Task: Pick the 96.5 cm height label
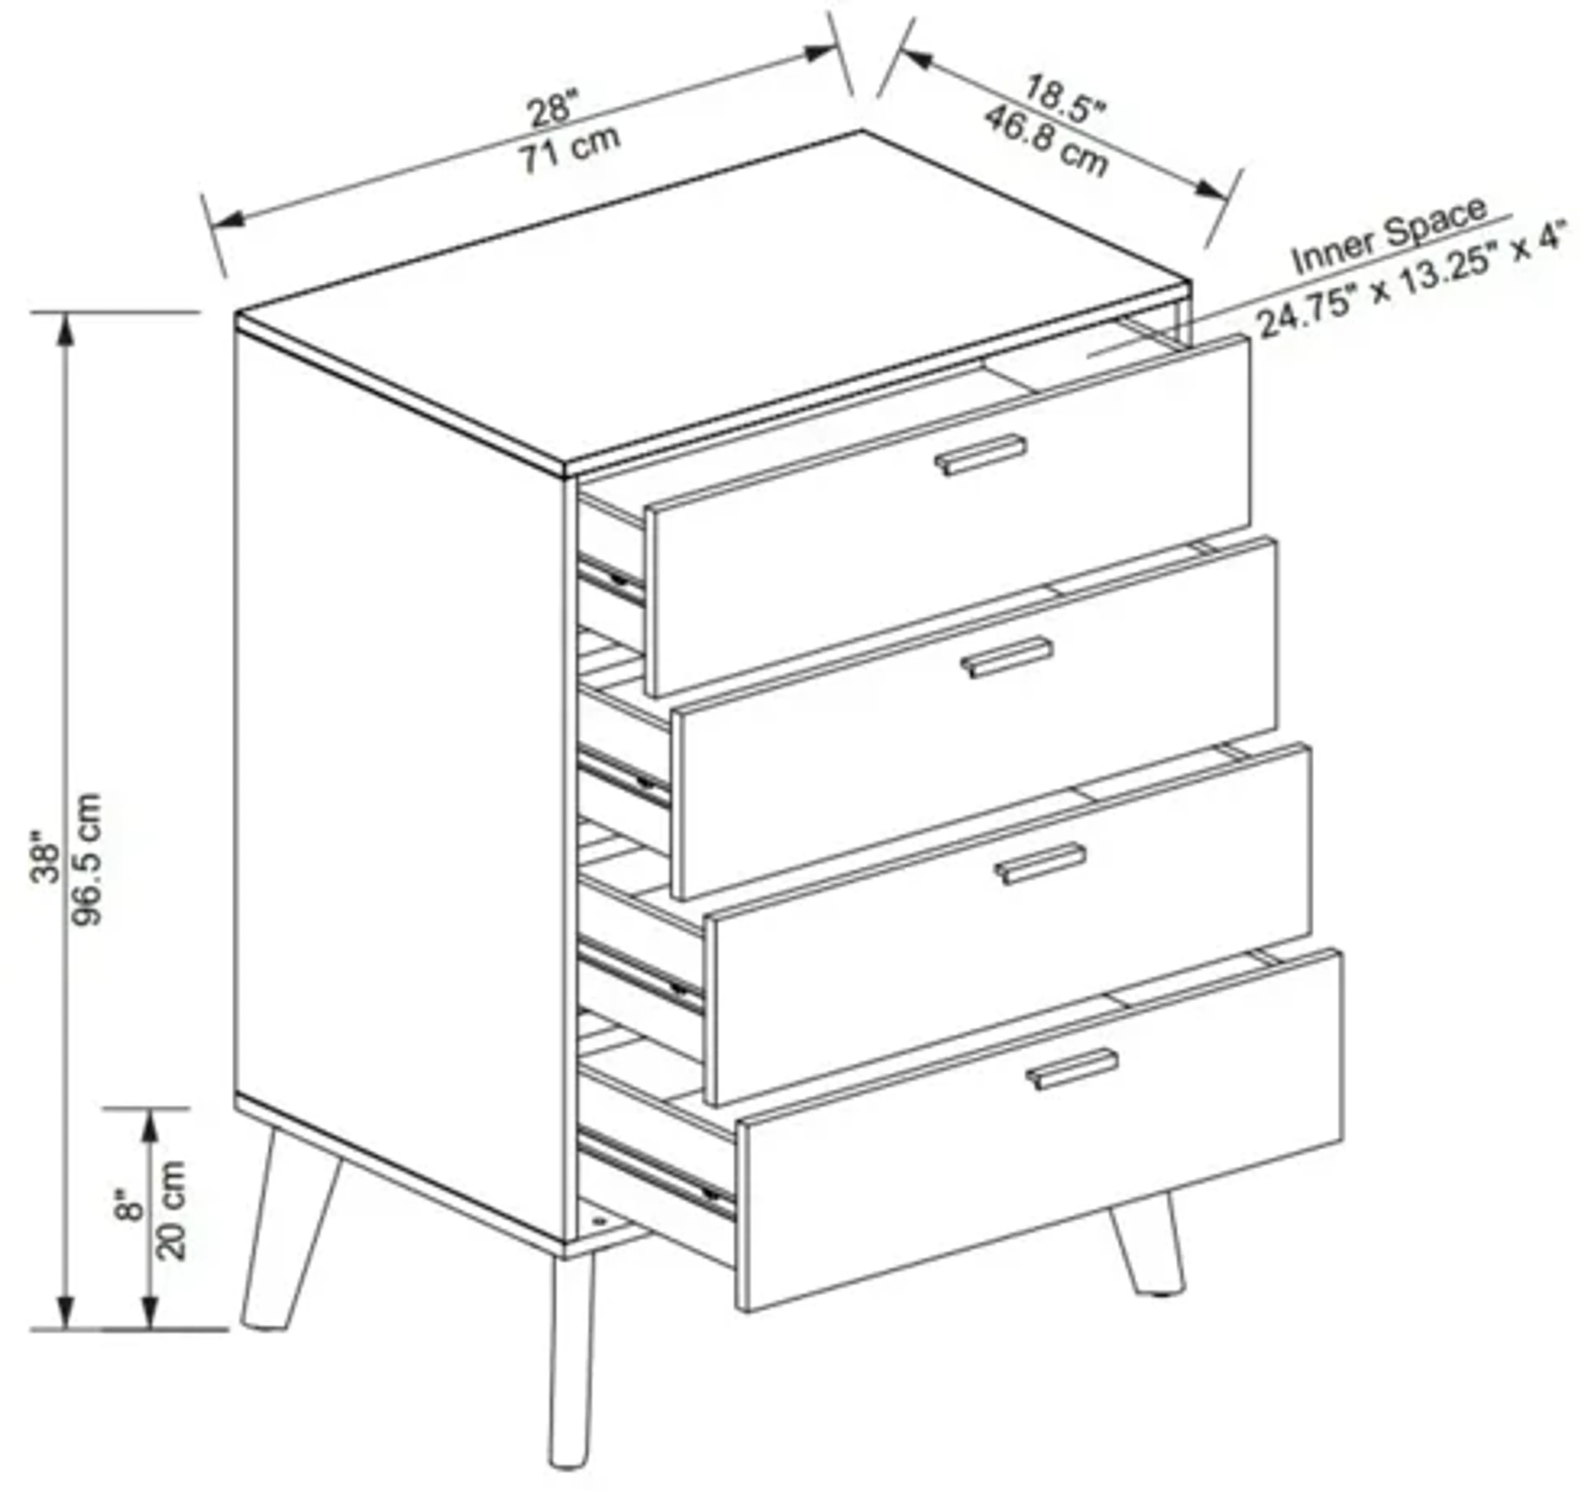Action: (x=87, y=859)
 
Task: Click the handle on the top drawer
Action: (x=980, y=455)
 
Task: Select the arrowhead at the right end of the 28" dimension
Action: (x=820, y=53)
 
